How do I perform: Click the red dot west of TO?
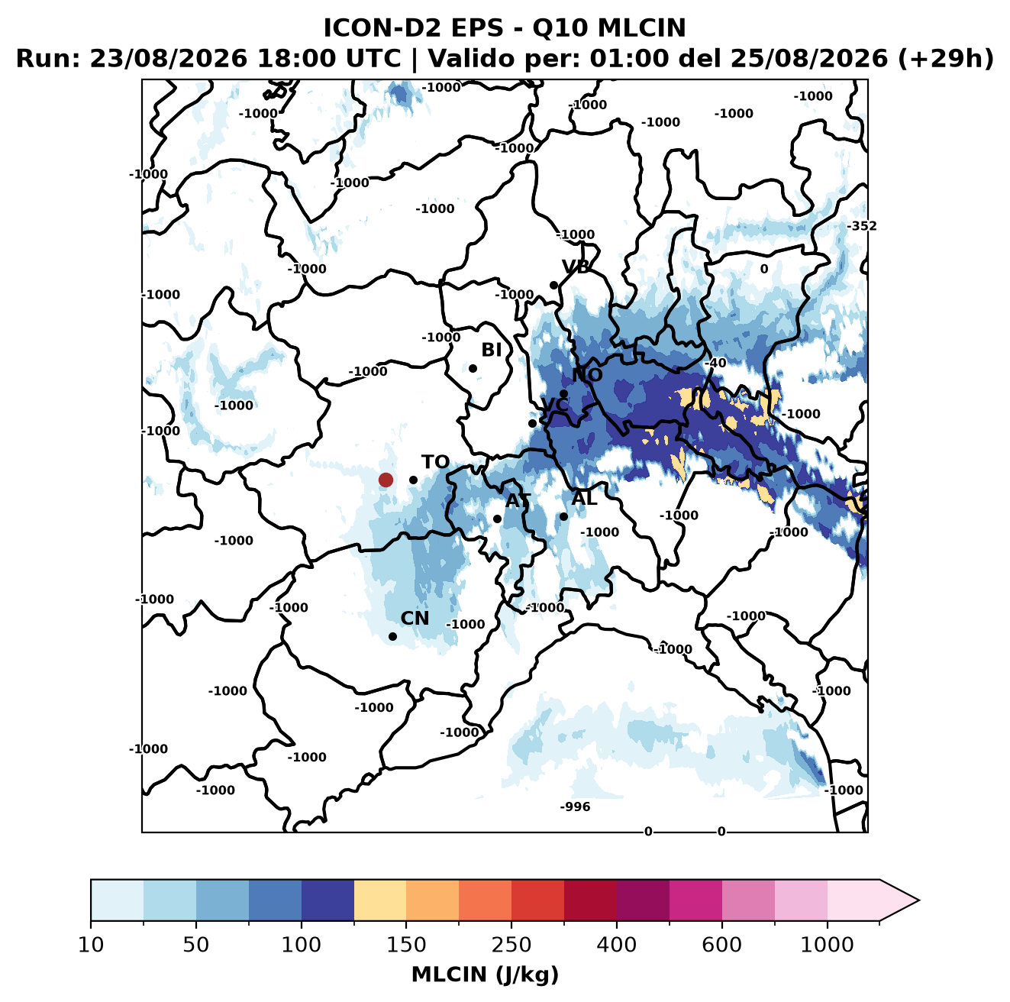[386, 480]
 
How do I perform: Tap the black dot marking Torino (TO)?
[413, 480]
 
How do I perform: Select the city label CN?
[415, 618]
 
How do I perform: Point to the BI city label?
[491, 350]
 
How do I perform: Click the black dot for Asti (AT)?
[497, 519]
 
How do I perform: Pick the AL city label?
[585, 498]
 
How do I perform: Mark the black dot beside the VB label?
[553, 285]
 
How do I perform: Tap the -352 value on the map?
[862, 226]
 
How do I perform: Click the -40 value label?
[715, 363]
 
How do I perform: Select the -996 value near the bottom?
[575, 806]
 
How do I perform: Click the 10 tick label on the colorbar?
[91, 944]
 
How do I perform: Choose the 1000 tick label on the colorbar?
[827, 944]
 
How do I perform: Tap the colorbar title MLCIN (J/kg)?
[485, 975]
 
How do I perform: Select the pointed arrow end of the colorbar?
[918, 900]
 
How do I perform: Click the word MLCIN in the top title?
[641, 27]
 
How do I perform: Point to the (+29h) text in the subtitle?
[945, 59]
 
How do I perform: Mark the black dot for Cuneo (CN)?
[392, 636]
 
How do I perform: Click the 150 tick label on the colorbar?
[406, 944]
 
